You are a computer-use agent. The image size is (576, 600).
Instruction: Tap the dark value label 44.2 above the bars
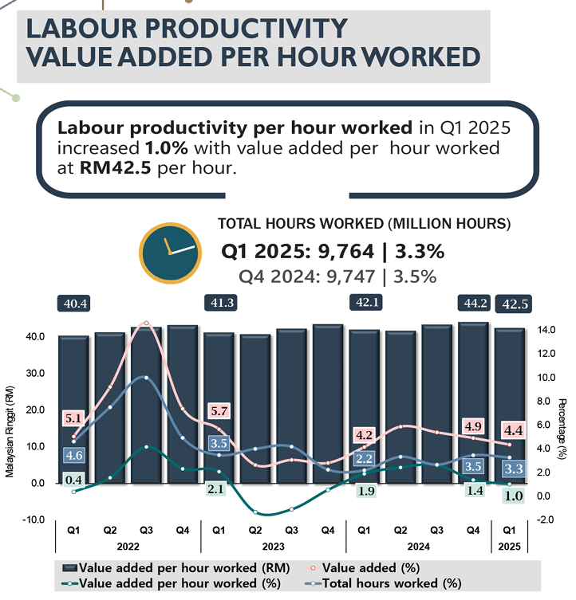473,304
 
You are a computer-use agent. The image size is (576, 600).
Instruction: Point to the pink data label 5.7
221,411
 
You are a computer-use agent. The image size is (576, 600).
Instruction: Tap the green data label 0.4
73,480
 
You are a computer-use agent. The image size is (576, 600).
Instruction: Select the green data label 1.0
512,496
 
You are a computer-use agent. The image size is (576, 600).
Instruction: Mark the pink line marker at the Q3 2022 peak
146,324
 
